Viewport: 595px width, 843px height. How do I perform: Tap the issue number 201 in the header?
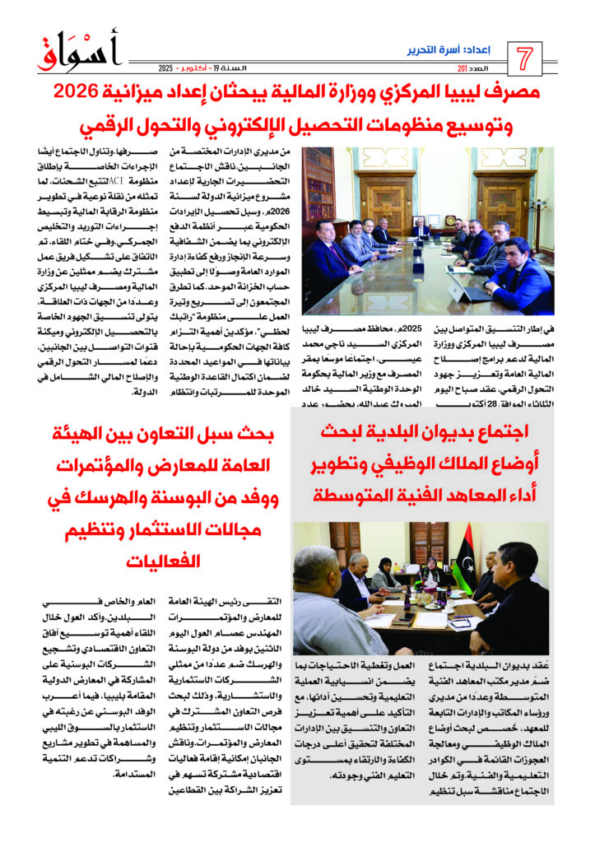click(x=467, y=68)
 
